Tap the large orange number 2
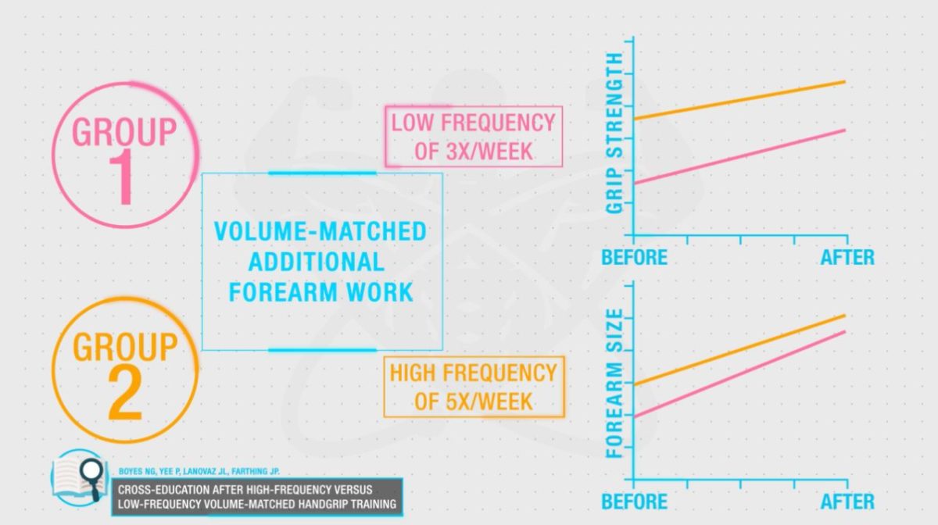pos(125,393)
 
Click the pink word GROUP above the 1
pos(124,132)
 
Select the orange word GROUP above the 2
pos(125,347)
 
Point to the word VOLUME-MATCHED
pos(320,231)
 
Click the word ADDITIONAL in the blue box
pos(317,262)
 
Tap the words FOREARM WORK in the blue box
pos(321,292)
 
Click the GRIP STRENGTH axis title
pos(614,133)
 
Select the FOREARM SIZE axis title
pos(614,384)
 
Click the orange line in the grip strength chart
pos(739,101)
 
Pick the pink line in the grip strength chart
pos(739,156)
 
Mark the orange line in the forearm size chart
pos(739,349)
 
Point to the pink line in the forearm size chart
pos(739,374)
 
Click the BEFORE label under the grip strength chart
pos(635,258)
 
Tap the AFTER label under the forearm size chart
pos(847,502)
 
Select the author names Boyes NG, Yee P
pos(149,471)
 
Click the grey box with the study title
pos(257,497)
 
